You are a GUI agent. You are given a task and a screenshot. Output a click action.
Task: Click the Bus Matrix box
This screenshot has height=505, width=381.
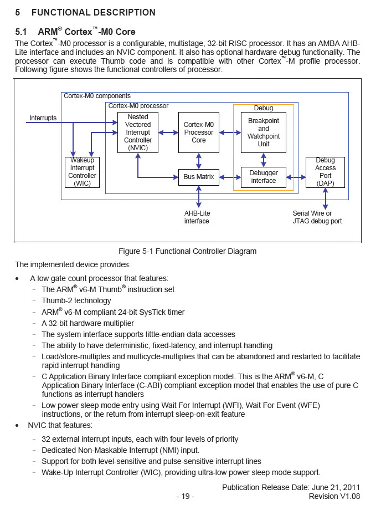199,177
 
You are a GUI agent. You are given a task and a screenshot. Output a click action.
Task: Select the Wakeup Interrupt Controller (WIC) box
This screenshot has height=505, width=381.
83,172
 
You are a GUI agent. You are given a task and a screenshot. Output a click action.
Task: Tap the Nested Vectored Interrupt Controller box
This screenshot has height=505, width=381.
138,132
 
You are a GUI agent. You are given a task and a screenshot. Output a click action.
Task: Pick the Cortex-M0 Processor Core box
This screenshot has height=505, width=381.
199,132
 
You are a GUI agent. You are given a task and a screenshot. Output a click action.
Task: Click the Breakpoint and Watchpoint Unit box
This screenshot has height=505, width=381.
264,132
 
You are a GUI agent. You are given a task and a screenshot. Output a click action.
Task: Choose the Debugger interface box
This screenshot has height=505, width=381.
264,177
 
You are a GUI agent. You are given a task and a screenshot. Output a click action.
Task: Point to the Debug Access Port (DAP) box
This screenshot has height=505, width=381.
326,172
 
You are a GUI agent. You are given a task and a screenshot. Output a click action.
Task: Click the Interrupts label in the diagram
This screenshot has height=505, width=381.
43,118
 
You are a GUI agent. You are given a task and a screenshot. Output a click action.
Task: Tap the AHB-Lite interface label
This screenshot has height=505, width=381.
197,217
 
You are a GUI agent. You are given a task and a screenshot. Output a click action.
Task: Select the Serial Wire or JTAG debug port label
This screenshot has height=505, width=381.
317,217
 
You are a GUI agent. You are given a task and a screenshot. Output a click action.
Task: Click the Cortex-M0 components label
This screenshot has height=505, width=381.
97,96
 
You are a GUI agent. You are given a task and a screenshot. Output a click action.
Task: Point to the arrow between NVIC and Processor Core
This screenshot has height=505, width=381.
168,132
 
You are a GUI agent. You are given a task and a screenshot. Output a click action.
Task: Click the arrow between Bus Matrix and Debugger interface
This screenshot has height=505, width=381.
230,177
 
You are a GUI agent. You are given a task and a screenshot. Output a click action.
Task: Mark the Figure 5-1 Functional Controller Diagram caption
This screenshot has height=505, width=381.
188,251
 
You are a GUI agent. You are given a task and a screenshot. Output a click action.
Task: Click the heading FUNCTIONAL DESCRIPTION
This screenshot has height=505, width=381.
93,12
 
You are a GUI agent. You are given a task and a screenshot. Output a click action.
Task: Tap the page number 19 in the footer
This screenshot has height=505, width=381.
185,496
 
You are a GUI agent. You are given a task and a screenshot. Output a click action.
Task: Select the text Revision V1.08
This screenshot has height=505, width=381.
334,496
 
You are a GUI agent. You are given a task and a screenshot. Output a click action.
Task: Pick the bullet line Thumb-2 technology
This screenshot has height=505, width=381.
76,300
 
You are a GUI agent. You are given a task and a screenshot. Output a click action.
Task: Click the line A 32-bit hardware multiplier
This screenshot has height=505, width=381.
87,323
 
